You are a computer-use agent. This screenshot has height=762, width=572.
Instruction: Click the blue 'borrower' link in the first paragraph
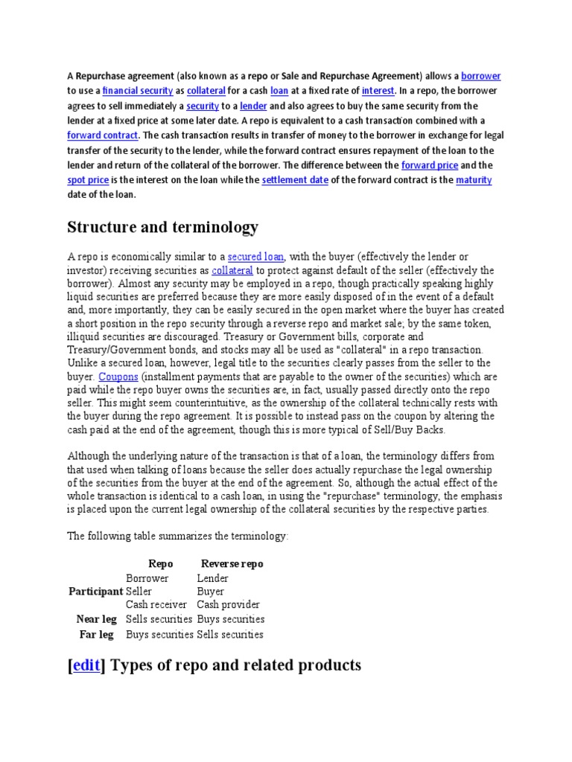[x=481, y=76]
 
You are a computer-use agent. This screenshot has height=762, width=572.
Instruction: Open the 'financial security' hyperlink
[x=138, y=91]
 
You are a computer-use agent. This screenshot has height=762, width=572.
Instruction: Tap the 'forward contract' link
[x=103, y=135]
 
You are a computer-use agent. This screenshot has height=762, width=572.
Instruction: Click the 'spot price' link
[x=89, y=180]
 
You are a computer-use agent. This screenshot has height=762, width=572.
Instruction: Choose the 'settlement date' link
[x=295, y=180]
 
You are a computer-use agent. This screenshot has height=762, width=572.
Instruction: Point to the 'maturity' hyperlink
[x=474, y=180]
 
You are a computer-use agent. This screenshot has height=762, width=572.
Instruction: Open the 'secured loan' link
[x=255, y=257]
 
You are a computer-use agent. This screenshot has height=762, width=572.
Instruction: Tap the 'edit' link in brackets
[x=86, y=665]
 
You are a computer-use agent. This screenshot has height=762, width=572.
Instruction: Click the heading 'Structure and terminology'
[x=163, y=226]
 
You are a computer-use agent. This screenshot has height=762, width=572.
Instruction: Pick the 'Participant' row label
[x=95, y=592]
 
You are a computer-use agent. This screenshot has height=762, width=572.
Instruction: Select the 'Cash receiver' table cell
[x=156, y=605]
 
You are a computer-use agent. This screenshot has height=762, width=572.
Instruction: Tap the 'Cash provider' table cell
[x=228, y=605]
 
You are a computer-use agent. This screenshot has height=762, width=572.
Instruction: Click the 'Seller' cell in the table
[x=139, y=592]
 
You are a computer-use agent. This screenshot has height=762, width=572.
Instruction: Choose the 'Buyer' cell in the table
[x=210, y=592]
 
